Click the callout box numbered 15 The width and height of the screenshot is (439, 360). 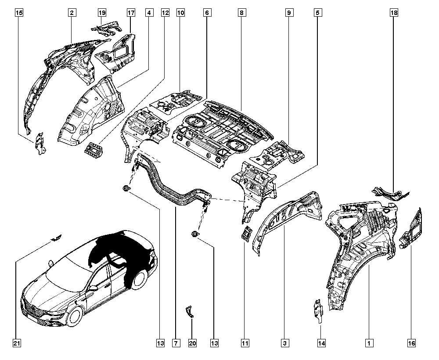[x=19, y=13]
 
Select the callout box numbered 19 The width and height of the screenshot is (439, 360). [x=102, y=13]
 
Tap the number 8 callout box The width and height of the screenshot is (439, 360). [x=241, y=13]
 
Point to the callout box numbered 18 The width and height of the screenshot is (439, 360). [x=394, y=13]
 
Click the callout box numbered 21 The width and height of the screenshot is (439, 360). [x=17, y=343]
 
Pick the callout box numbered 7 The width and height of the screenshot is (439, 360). [x=176, y=343]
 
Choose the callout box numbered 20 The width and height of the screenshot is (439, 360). [x=192, y=343]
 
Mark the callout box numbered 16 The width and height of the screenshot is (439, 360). [x=412, y=343]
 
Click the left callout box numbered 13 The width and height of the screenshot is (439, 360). [x=160, y=343]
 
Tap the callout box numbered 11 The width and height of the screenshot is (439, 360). [x=245, y=343]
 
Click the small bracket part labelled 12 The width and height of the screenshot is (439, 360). [x=94, y=148]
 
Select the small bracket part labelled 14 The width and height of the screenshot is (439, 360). [x=318, y=311]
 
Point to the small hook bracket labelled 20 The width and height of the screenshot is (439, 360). [x=190, y=312]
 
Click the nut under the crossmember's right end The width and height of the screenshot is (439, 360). [x=194, y=234]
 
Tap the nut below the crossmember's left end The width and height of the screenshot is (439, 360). [x=126, y=188]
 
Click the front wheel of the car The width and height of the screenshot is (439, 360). [x=75, y=317]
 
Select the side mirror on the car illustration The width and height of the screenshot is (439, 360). [x=93, y=288]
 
